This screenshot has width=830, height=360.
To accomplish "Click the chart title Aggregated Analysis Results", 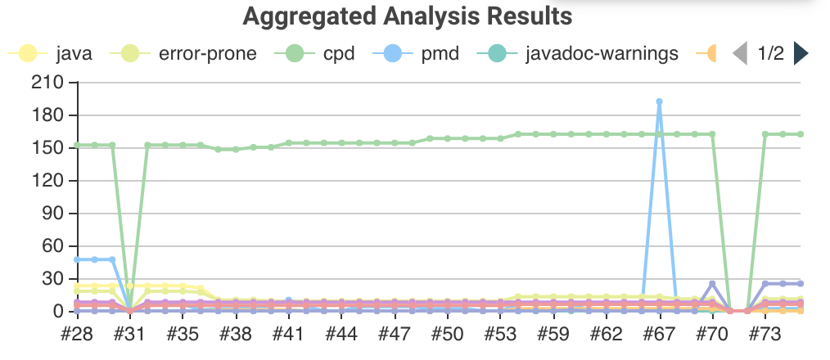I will click(407, 16).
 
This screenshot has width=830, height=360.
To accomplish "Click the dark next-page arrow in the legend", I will click(801, 55).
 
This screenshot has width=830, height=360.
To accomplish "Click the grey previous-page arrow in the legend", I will click(740, 55).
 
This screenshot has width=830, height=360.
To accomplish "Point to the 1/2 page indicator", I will click(770, 55).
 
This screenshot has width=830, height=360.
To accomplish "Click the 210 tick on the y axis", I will click(47, 83).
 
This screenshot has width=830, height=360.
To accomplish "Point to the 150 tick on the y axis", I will click(47, 148).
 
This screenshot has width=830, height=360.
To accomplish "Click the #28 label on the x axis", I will click(77, 335).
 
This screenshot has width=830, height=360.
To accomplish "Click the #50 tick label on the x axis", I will click(447, 335).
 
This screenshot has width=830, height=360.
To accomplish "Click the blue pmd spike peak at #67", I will click(659, 101).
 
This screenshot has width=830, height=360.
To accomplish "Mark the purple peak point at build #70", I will click(712, 284).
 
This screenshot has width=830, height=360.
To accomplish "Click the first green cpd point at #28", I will click(77, 145).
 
